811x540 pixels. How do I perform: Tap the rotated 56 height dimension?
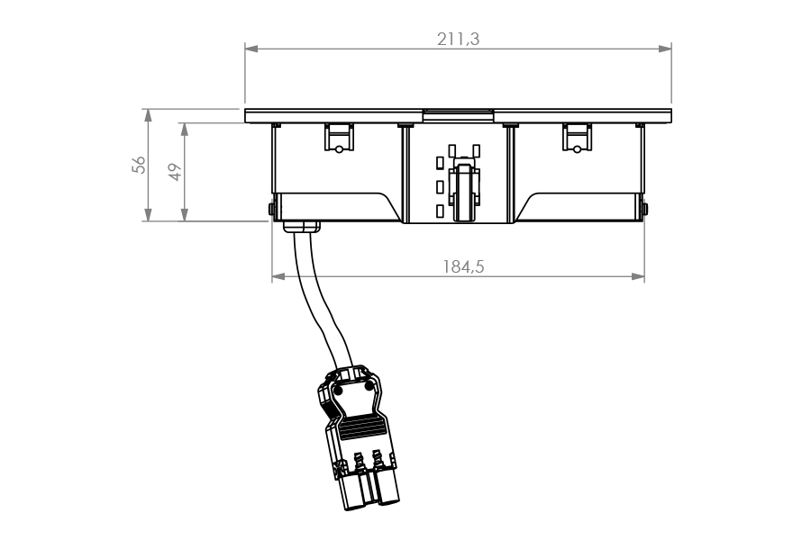pyautogui.click(x=138, y=164)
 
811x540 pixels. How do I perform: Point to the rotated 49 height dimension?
pyautogui.click(x=177, y=171)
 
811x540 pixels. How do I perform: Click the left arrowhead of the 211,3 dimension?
pyautogui.click(x=251, y=49)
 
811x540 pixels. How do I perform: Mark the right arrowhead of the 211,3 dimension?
pyautogui.click(x=666, y=49)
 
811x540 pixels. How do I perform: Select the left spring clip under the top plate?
pyautogui.click(x=338, y=138)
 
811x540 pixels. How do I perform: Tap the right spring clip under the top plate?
pyautogui.click(x=576, y=138)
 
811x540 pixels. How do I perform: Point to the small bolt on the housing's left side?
pyautogui.click(x=269, y=211)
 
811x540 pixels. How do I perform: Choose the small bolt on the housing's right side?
pyautogui.click(x=646, y=211)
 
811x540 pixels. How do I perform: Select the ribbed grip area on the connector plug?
pyautogui.click(x=362, y=423)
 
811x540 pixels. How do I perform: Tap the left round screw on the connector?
pyautogui.click(x=339, y=392)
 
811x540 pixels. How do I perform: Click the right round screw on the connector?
pyautogui.click(x=369, y=385)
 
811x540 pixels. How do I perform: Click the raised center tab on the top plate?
pyautogui.click(x=457, y=113)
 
